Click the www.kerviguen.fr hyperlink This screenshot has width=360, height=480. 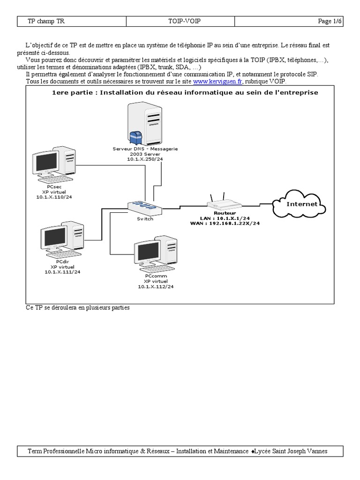tap(217, 81)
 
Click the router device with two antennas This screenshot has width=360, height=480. tap(225, 202)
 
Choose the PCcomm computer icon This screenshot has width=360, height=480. tap(155, 255)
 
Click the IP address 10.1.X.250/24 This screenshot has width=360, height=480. tap(145, 159)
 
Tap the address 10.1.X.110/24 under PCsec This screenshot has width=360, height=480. tap(54, 197)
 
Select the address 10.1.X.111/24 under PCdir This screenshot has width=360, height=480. tap(62, 272)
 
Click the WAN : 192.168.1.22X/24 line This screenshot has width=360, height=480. tap(225, 224)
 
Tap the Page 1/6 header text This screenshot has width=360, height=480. tap(330, 22)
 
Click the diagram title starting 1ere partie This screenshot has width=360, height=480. tap(185, 92)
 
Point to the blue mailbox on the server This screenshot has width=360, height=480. tap(136, 137)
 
